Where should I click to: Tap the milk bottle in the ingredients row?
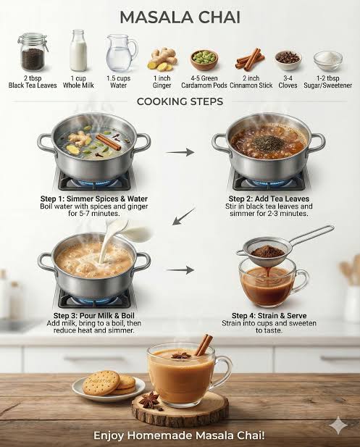[78, 50]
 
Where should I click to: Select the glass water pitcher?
[121, 54]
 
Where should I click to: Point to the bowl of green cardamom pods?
[204, 59]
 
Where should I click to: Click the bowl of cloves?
[288, 60]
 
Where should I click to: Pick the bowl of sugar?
[328, 61]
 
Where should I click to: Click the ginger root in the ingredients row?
[162, 59]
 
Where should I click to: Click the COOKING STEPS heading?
[180, 101]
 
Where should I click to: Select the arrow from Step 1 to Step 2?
[180, 152]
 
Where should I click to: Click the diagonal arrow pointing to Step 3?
[184, 217]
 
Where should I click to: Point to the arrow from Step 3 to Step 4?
[180, 270]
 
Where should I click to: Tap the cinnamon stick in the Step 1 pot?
[109, 142]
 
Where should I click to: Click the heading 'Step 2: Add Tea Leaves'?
[269, 199]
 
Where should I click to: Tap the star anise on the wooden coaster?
[150, 400]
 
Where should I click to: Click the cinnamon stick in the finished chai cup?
[204, 345]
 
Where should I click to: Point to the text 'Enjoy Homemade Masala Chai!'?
[180, 435]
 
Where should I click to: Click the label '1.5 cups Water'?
[118, 82]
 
